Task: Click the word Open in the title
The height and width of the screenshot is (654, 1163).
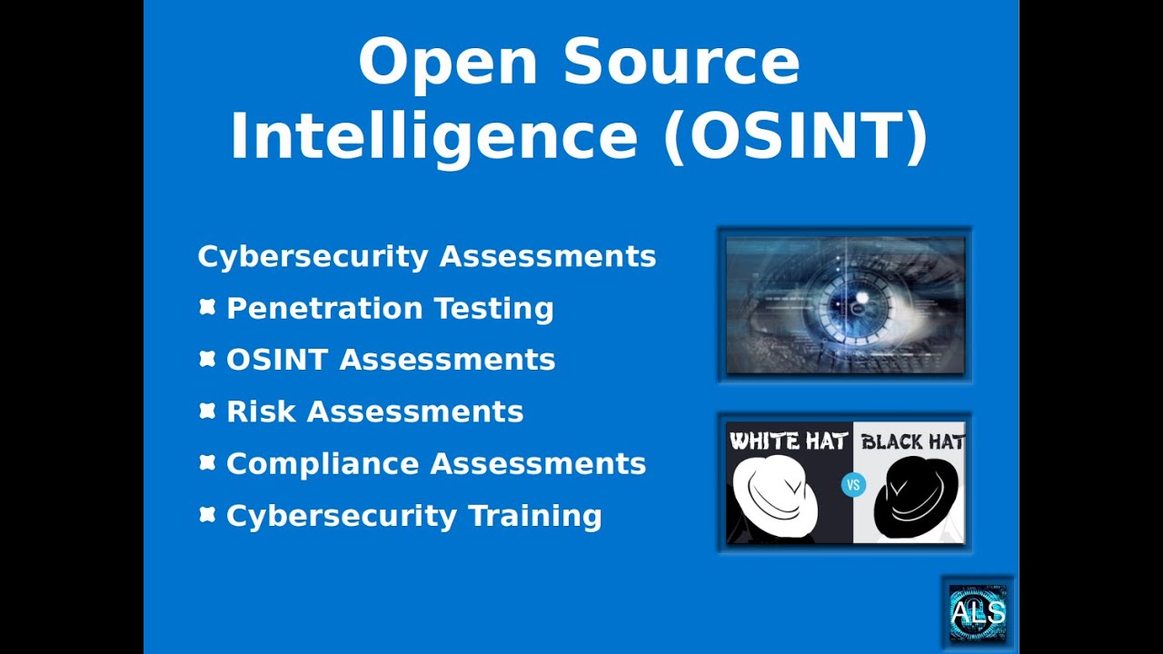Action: point(448,62)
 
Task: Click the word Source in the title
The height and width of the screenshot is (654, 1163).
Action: point(681,62)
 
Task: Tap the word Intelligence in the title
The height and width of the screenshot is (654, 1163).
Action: point(433,135)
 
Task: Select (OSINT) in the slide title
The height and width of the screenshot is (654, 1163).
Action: point(796,135)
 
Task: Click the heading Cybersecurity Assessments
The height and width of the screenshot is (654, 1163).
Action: point(426,256)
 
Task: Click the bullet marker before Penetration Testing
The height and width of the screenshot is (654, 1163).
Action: point(207,308)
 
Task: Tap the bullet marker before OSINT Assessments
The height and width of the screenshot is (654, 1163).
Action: point(207,360)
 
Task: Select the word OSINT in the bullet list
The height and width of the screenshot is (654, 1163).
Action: point(276,360)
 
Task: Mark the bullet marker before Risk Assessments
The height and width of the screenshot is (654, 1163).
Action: point(207,411)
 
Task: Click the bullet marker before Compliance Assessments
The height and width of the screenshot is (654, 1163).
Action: point(207,463)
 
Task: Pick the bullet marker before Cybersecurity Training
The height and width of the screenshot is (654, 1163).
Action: point(207,515)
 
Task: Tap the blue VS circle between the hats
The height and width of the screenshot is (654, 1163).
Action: point(852,485)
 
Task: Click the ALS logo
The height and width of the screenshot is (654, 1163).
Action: point(978,613)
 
